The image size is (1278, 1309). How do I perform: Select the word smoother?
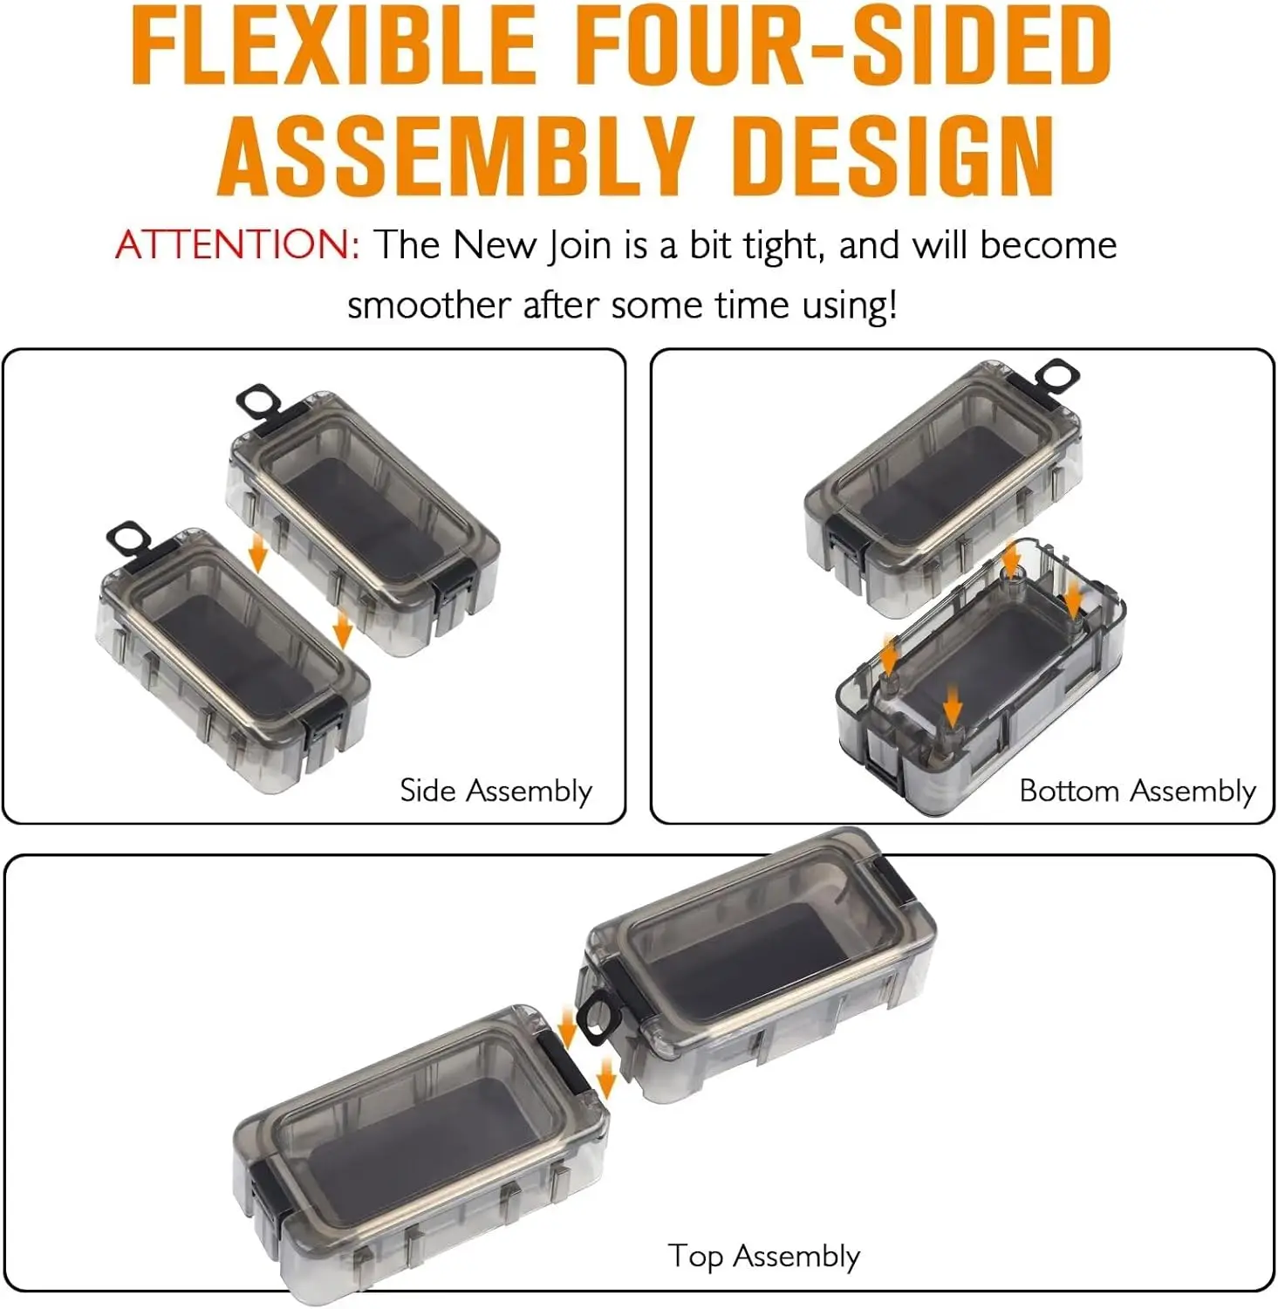428,305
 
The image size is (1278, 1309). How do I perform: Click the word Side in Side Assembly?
427,791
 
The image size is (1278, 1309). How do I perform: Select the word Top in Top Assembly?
695,1258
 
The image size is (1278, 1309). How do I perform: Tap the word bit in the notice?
711,245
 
